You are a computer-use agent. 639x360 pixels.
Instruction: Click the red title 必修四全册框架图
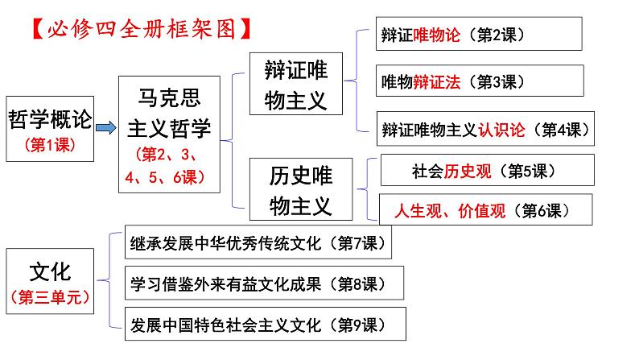[142, 29]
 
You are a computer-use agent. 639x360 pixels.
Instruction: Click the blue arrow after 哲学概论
[106, 128]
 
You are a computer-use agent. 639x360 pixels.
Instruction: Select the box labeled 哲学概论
[50, 129]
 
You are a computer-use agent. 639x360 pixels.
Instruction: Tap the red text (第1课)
[50, 145]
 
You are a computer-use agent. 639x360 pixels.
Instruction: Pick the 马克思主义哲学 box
[169, 134]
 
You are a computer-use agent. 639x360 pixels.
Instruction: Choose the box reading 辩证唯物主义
[296, 84]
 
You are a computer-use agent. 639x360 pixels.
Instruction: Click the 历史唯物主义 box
[301, 189]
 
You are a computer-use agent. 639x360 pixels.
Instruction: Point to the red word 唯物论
[436, 35]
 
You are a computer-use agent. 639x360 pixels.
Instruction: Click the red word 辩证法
[436, 82]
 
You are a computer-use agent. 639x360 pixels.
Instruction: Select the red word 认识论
[501, 130]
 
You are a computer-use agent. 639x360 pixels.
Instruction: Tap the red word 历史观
[468, 172]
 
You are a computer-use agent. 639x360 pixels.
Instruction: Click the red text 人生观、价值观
[450, 211]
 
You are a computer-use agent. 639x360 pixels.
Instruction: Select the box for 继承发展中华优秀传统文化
[258, 242]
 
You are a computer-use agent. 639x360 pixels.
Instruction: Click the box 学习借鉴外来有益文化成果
[264, 283]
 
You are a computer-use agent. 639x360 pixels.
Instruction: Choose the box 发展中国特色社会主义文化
[266, 324]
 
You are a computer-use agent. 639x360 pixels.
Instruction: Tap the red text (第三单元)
[50, 297]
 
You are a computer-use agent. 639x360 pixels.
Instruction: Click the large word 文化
[50, 272]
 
